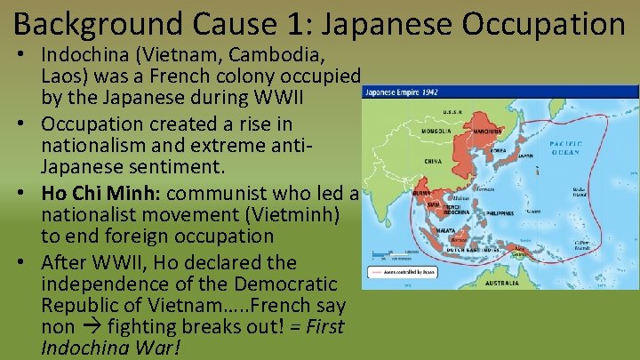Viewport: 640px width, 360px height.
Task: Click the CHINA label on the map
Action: (x=434, y=162)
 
